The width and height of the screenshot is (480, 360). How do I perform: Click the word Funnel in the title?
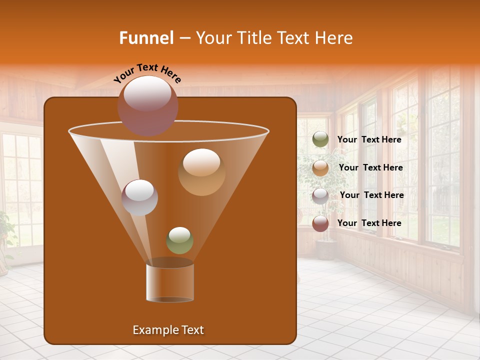tap(146, 38)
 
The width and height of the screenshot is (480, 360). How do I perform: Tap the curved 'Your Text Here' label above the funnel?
tap(147, 72)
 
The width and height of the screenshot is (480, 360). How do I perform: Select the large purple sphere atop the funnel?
tap(147, 105)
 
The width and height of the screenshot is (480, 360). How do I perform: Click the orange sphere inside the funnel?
tap(201, 172)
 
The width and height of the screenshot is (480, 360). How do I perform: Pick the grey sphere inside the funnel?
tap(139, 197)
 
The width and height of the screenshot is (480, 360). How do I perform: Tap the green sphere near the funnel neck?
tap(179, 240)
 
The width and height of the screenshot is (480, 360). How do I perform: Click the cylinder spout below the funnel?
tap(170, 282)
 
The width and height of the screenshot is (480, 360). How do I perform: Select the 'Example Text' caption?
tap(168, 330)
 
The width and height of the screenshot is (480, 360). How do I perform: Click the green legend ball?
tap(320, 139)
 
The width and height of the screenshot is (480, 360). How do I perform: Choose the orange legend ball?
tap(320, 168)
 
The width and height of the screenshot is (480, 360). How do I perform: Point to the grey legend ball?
tap(320, 195)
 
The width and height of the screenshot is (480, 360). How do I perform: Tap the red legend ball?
tap(320, 223)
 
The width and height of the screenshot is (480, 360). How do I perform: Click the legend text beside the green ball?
tap(369, 139)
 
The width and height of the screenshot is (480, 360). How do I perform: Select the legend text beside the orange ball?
tap(370, 167)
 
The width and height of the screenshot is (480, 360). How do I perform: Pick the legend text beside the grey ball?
tap(371, 195)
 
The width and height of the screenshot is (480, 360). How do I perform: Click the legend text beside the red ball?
tap(369, 223)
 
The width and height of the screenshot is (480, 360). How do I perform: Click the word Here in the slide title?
tap(334, 38)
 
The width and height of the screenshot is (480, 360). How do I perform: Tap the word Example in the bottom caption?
tap(152, 330)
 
